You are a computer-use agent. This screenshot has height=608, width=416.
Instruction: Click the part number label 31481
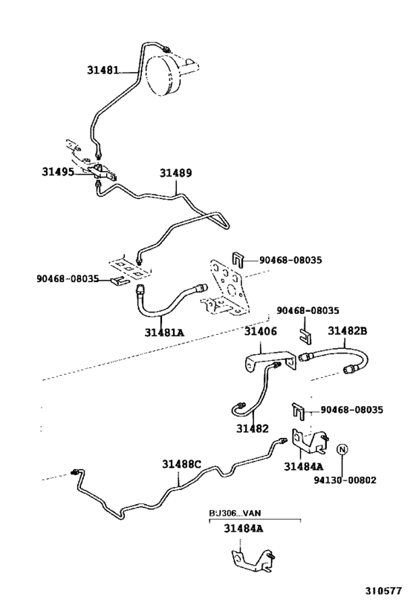coord(103,71)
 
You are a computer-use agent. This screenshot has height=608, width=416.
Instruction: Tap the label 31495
coord(58,171)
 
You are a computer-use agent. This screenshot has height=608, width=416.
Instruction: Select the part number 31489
coord(176,173)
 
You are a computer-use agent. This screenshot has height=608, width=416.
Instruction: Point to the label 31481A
coord(164,333)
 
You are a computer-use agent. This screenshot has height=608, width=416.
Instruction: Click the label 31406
coord(261,332)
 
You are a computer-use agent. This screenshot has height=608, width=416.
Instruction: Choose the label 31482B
coord(348,331)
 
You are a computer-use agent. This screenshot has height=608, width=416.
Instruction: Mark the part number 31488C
coord(181,464)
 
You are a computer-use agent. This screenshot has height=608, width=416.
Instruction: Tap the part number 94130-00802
coord(345,480)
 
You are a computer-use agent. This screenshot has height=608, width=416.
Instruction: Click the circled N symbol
coord(342,449)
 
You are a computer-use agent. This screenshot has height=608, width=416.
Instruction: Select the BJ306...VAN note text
coord(235,513)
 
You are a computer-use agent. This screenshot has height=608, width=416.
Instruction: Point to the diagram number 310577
coord(383,591)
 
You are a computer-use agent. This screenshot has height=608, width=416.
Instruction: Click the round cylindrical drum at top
coord(163,75)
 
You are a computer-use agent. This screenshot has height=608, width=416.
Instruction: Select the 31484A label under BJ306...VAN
coord(244,529)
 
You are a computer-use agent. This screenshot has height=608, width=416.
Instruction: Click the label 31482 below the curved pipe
coord(253,428)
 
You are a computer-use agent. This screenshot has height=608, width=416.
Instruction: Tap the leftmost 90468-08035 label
coord(68,278)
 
